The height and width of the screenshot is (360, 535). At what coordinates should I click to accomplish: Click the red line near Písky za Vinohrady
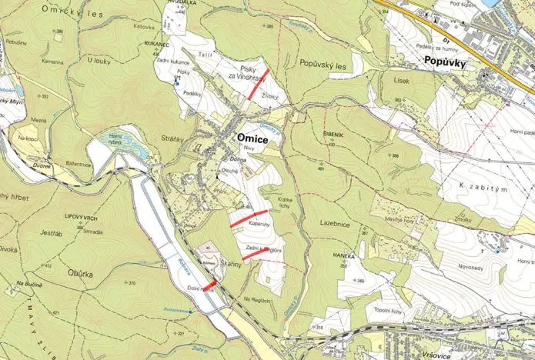pos(258,84)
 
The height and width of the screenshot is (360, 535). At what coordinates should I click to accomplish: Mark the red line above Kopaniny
pos(249,218)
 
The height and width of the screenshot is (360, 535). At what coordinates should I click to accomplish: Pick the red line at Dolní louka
pos(209,285)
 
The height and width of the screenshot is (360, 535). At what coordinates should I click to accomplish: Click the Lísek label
pos(401,80)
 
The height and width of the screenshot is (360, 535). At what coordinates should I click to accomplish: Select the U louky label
pos(99,60)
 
